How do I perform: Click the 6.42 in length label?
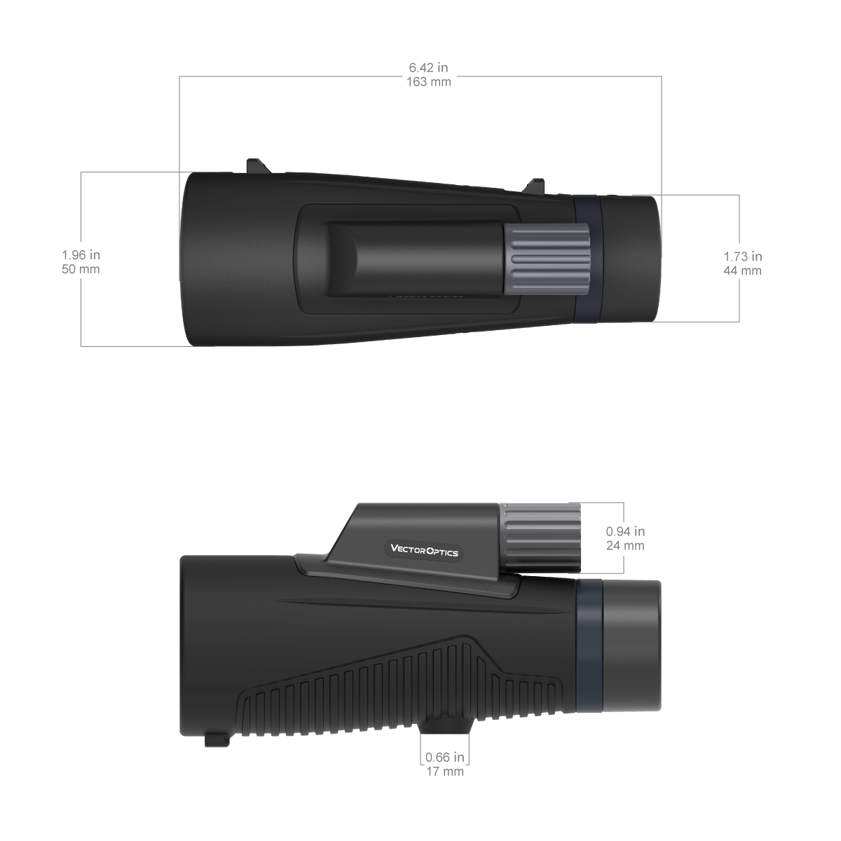click(x=428, y=68)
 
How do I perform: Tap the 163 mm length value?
click(x=428, y=81)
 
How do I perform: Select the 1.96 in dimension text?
click(x=81, y=255)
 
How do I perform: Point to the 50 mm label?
click(x=81, y=269)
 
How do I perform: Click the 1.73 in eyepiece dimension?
click(x=742, y=257)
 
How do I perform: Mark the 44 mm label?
click(x=742, y=271)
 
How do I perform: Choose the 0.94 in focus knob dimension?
click(x=625, y=532)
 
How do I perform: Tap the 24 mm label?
click(x=625, y=546)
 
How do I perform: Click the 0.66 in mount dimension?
click(x=445, y=758)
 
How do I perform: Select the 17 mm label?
click(x=445, y=772)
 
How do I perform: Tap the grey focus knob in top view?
click(x=546, y=259)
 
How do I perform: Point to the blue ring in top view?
click(x=587, y=259)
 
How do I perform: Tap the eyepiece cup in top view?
click(x=631, y=259)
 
